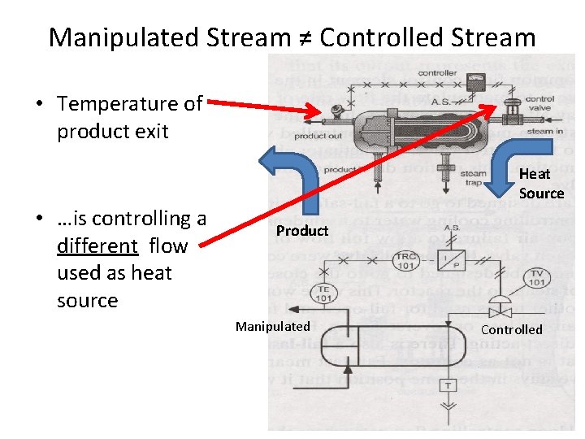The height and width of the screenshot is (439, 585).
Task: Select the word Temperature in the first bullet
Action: [x=122, y=104]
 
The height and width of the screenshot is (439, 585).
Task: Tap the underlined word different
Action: [x=97, y=246]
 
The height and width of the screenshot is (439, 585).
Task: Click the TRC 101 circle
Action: [x=405, y=259]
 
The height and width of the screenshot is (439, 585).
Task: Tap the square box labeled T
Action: [x=446, y=384]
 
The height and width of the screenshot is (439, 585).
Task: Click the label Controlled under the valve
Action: [x=511, y=329]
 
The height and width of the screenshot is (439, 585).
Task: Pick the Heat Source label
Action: [x=540, y=184]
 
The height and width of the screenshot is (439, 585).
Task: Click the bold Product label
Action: [x=301, y=231]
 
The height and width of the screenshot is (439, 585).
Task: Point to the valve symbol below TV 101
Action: [x=498, y=310]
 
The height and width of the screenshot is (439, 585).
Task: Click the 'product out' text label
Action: [x=318, y=136]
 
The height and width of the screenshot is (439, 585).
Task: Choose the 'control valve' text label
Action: [x=539, y=104]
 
